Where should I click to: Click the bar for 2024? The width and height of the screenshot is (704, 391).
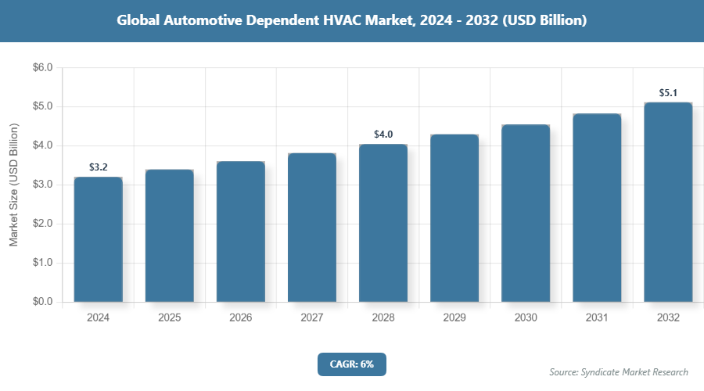(99, 239)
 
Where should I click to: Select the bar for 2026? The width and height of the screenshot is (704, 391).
(241, 231)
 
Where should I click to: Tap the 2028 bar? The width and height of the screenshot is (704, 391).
(383, 223)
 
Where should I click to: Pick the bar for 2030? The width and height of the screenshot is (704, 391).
(526, 213)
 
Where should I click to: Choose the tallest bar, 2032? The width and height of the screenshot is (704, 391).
(668, 202)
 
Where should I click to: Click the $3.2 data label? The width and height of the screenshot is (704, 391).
(99, 167)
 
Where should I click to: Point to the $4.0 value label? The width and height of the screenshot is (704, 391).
(383, 135)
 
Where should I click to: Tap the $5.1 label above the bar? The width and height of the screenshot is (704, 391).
(668, 93)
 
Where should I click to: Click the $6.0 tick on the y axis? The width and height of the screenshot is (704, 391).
(42, 68)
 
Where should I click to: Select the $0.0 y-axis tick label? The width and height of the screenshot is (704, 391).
(42, 302)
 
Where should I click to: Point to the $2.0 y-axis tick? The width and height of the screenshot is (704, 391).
(42, 224)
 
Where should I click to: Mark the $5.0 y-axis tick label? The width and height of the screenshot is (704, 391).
(42, 106)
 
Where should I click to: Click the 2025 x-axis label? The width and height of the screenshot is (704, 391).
(170, 318)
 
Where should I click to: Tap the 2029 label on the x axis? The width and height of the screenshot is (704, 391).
(454, 318)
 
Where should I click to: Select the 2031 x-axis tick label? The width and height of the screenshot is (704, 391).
(597, 318)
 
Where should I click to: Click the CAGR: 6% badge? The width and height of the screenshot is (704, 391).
(351, 364)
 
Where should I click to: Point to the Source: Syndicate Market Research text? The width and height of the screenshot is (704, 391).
(619, 371)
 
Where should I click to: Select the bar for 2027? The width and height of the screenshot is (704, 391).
(312, 228)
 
